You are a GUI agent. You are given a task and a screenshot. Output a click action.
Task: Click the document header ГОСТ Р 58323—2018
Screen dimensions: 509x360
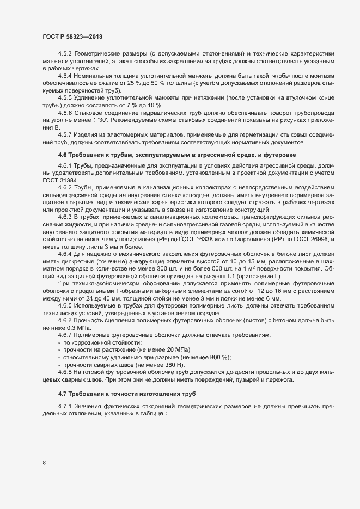(x=72, y=36)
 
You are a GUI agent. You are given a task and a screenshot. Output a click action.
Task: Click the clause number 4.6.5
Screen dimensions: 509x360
(x=66, y=311)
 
